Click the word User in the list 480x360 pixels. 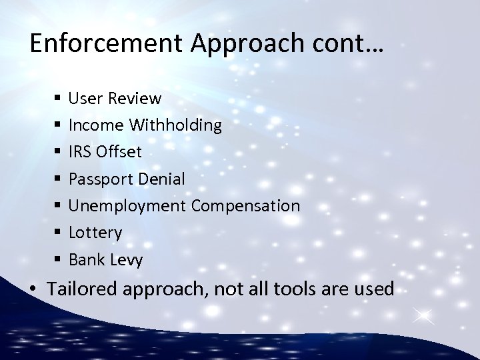(x=83, y=99)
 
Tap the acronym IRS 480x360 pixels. (x=81, y=152)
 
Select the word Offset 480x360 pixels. (x=119, y=152)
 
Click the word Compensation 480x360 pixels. (x=245, y=206)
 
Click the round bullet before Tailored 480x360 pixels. (x=33, y=289)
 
